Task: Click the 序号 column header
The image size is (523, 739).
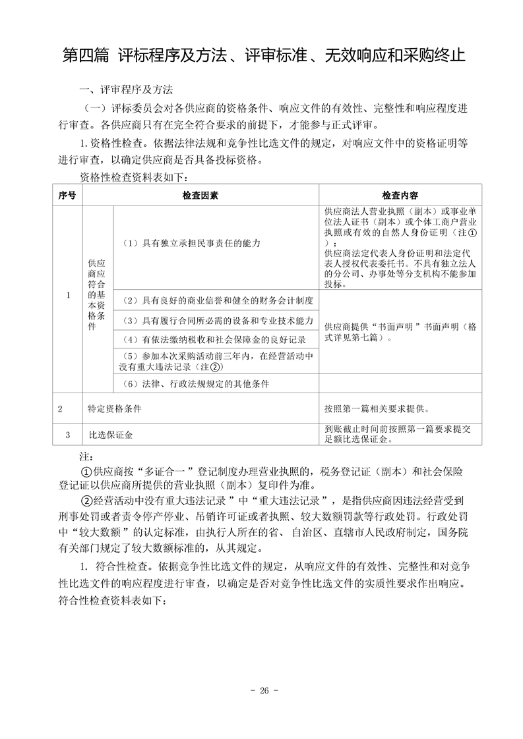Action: click(x=67, y=196)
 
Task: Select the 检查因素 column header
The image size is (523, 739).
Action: click(x=201, y=196)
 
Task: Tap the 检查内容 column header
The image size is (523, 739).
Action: click(x=400, y=196)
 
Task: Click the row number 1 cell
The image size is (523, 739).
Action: click(x=67, y=295)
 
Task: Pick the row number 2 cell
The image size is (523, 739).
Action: click(x=60, y=409)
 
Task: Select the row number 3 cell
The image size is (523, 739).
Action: click(x=67, y=435)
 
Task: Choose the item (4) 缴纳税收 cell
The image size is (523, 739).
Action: click(x=215, y=340)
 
